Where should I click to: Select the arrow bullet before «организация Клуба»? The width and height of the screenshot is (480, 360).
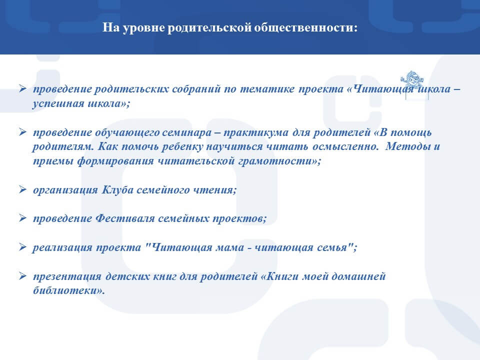point(22,189)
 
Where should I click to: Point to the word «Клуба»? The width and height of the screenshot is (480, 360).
point(117,190)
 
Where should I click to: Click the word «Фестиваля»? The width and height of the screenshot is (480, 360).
point(125,218)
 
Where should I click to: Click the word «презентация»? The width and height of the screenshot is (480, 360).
point(67,276)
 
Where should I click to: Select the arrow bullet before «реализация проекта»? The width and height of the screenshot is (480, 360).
point(22,246)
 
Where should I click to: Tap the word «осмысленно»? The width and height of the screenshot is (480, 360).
point(344,146)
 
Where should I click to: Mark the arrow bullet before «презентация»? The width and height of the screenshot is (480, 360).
point(22,276)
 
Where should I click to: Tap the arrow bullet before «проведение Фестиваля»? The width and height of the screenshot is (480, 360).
point(22,218)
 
